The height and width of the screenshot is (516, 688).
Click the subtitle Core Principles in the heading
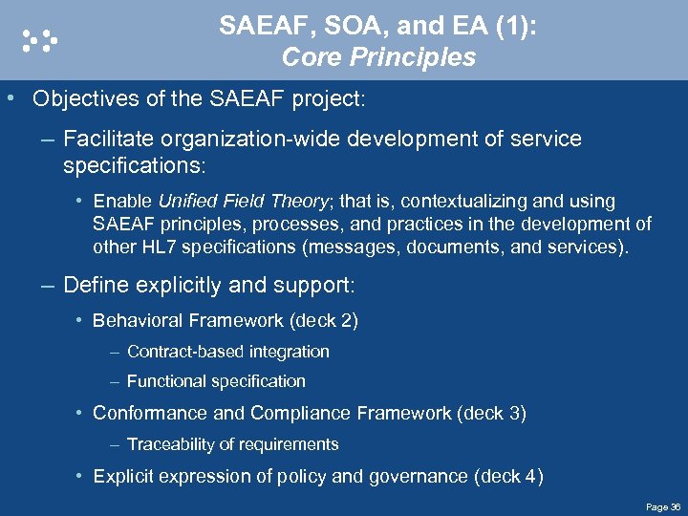click(x=378, y=57)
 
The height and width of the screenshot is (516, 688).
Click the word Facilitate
click(x=103, y=139)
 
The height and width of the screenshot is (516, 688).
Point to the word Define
click(x=94, y=285)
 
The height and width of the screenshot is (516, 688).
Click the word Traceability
click(x=171, y=444)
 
